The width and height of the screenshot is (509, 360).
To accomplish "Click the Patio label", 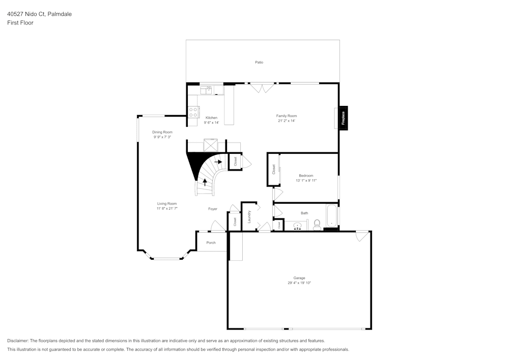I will tap(259, 62).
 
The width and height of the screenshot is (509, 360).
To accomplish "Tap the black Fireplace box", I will tap(344, 118).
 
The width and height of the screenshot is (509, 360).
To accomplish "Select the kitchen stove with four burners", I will tap(193, 112).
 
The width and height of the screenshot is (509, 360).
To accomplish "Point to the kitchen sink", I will tap(206, 90).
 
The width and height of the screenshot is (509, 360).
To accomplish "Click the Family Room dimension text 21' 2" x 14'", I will tap(287, 121).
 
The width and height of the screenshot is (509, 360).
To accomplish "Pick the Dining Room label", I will tap(162, 132).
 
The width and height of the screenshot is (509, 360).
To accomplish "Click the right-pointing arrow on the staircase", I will tap(218, 162).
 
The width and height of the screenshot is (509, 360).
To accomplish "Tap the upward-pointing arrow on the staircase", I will tap(205, 181).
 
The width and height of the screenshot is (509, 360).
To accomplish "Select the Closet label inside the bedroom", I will tap(273, 170).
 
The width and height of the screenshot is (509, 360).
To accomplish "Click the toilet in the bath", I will tap(317, 224).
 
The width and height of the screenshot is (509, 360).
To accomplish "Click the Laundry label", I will tap(249, 217).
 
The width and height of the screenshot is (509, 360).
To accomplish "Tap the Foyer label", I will tap(213, 209).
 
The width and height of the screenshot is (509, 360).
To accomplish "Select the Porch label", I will tap(211, 242).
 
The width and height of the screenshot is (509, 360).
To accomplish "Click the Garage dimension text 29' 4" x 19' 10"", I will tap(299, 283).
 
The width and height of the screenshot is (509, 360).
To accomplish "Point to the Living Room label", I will tap(167, 204).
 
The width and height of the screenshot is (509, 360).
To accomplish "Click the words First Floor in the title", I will tap(20, 23).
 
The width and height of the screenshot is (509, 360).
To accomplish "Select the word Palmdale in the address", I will tap(60, 14).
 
